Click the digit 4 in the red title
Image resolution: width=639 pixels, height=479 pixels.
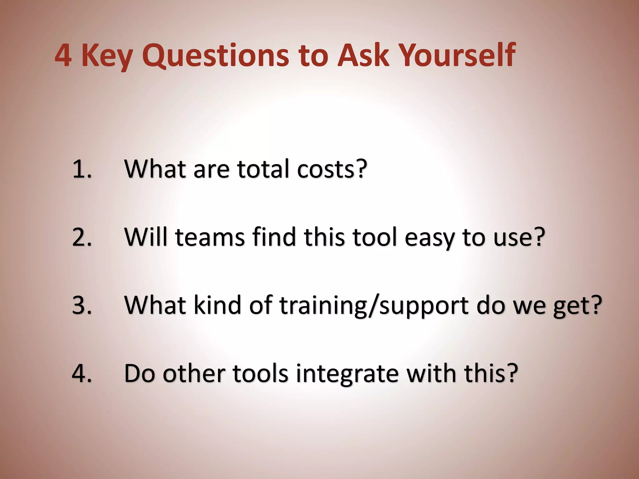64,56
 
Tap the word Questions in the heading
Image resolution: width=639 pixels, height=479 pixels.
215,56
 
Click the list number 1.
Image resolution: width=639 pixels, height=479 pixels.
82,169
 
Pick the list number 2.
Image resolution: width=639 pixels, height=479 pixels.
82,238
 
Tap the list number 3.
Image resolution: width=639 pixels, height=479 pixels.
82,305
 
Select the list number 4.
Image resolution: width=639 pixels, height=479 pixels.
82,373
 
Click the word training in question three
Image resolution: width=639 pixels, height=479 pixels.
323,306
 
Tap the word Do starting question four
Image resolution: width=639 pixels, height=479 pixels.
139,373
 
